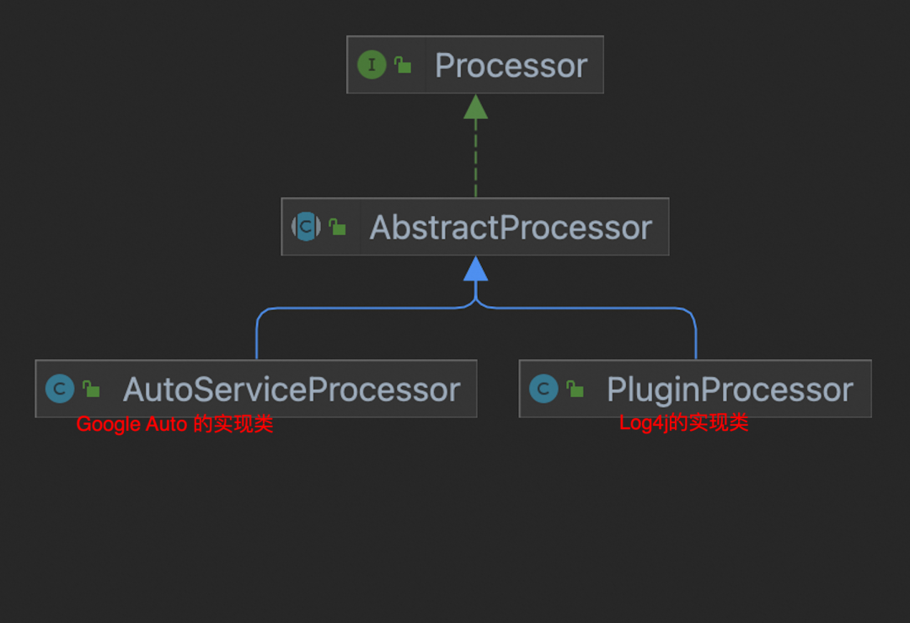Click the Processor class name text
[x=511, y=66]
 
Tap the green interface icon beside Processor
[x=372, y=65]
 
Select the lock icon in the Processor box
[x=403, y=65]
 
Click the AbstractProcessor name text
[x=511, y=228]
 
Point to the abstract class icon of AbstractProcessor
[x=306, y=227]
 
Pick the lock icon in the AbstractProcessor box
[x=337, y=227]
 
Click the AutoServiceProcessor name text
[x=292, y=389]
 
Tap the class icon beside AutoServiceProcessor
[x=60, y=389]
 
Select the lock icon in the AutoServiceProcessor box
[x=91, y=389]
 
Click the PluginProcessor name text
[x=730, y=389]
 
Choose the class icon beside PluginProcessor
[x=543, y=389]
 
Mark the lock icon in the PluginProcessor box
[x=575, y=389]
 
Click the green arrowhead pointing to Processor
[x=475, y=106]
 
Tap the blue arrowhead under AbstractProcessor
[x=475, y=268]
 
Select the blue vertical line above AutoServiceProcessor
[x=256, y=337]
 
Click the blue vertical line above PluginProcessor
[x=696, y=337]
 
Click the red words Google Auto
[x=131, y=424]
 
